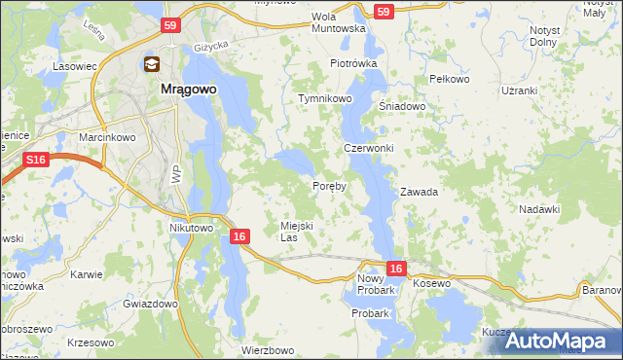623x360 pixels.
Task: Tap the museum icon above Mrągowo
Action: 153,65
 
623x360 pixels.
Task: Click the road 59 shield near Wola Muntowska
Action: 384,12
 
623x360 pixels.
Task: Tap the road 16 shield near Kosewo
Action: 394,267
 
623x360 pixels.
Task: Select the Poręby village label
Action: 329,186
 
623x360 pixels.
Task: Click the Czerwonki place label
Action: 368,149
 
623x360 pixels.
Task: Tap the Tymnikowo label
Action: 325,99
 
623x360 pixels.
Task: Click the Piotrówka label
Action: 352,63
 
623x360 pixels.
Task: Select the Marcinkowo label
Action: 106,138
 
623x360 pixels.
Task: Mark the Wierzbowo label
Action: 267,350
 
